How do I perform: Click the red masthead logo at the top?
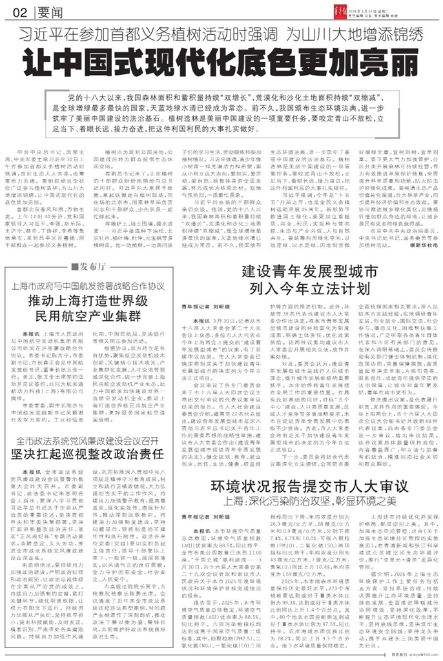(x=367, y=9)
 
